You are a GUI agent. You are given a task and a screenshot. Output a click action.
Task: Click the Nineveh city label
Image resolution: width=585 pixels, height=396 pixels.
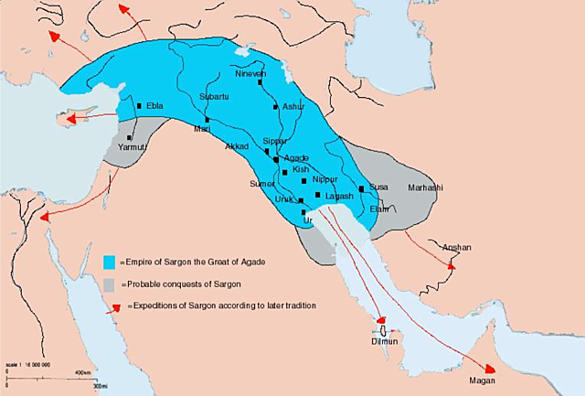[250, 73]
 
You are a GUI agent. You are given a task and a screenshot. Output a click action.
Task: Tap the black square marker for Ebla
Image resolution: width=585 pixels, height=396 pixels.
[139, 106]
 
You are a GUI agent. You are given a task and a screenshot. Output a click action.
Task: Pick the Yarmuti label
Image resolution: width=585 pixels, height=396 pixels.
[133, 145]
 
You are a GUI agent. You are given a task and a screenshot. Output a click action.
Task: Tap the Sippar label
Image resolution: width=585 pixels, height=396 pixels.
[274, 142]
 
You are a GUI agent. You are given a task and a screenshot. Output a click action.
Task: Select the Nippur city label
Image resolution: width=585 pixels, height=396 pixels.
[324, 179]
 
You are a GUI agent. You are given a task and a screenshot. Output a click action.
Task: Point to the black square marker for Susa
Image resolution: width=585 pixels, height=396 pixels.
[362, 188]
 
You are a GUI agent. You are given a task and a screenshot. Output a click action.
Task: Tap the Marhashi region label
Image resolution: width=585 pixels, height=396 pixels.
[425, 187]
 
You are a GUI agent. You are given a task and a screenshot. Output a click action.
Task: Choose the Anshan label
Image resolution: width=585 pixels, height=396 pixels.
[457, 247]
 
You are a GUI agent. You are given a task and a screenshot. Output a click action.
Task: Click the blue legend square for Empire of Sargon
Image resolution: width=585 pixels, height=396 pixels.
[110, 262]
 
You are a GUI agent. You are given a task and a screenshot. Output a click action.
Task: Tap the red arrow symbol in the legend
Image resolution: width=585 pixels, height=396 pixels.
[113, 306]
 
